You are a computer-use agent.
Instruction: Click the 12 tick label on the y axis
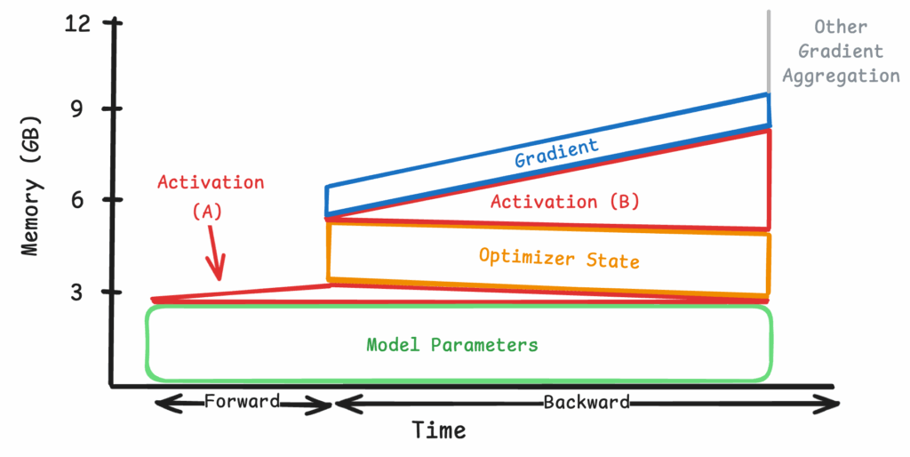(x=78, y=23)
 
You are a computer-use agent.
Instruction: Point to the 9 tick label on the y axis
(x=76, y=108)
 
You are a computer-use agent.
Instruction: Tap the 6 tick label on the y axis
(x=76, y=200)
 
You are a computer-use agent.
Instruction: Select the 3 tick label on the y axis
(x=76, y=293)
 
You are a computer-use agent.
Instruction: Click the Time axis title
(x=439, y=430)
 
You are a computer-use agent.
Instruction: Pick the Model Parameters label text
(x=452, y=345)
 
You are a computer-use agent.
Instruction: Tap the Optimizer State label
(x=559, y=259)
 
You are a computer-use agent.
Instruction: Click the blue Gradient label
(x=556, y=152)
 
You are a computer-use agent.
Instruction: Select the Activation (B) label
(x=565, y=202)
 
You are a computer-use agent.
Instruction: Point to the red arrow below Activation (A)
(x=215, y=253)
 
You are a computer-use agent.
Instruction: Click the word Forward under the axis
(x=242, y=401)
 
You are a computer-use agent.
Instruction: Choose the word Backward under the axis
(x=587, y=402)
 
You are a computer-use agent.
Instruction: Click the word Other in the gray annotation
(x=841, y=27)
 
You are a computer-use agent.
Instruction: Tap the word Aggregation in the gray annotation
(x=842, y=76)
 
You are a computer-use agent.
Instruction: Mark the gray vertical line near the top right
(x=769, y=51)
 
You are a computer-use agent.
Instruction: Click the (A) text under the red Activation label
(x=207, y=212)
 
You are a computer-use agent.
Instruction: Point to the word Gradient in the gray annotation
(x=841, y=51)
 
